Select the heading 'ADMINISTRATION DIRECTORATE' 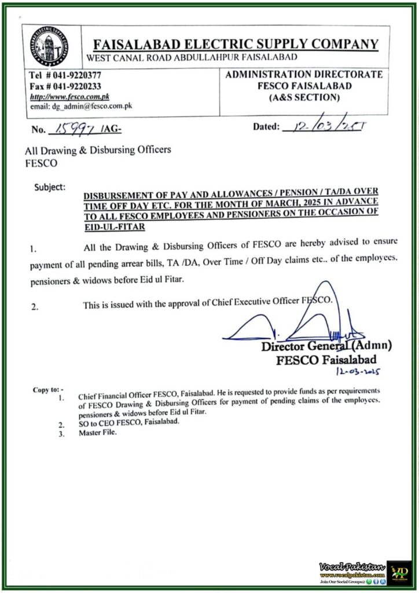pyautogui.click(x=303, y=75)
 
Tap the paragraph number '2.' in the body pyautogui.click(x=35, y=308)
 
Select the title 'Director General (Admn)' pyautogui.click(x=326, y=347)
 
